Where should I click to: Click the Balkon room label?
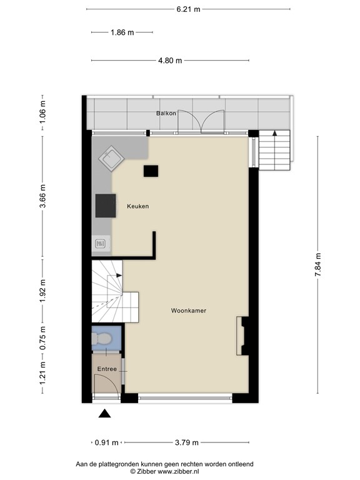pyautogui.click(x=166, y=113)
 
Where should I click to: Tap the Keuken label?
pyautogui.click(x=137, y=206)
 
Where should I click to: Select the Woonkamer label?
pyautogui.click(x=189, y=310)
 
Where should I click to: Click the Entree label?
pyautogui.click(x=107, y=369)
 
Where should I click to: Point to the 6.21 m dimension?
pyautogui.click(x=188, y=9)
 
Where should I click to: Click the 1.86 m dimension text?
pyautogui.click(x=122, y=32)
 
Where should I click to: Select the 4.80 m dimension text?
pyautogui.click(x=169, y=61)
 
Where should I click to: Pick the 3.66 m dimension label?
pyautogui.click(x=43, y=197)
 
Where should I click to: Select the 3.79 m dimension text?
pyautogui.click(x=186, y=442)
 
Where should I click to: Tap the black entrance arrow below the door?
pyautogui.click(x=105, y=412)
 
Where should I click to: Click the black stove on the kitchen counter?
pyautogui.click(x=106, y=205)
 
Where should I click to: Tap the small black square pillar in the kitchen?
pyautogui.click(x=151, y=171)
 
